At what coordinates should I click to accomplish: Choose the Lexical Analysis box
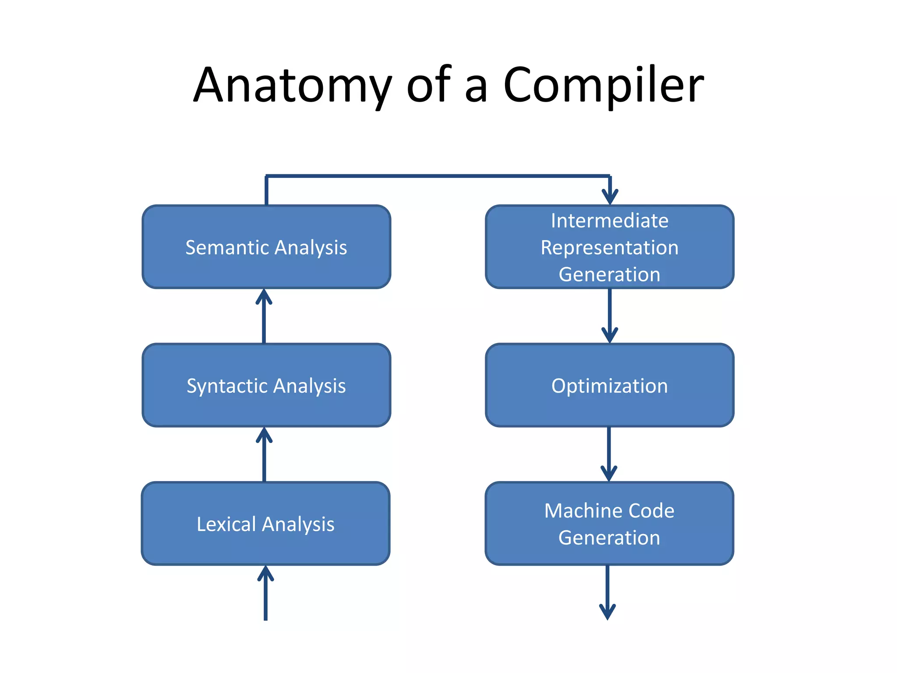265,545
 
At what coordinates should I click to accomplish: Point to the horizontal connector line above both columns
438,176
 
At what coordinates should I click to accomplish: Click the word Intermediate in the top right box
609,220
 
